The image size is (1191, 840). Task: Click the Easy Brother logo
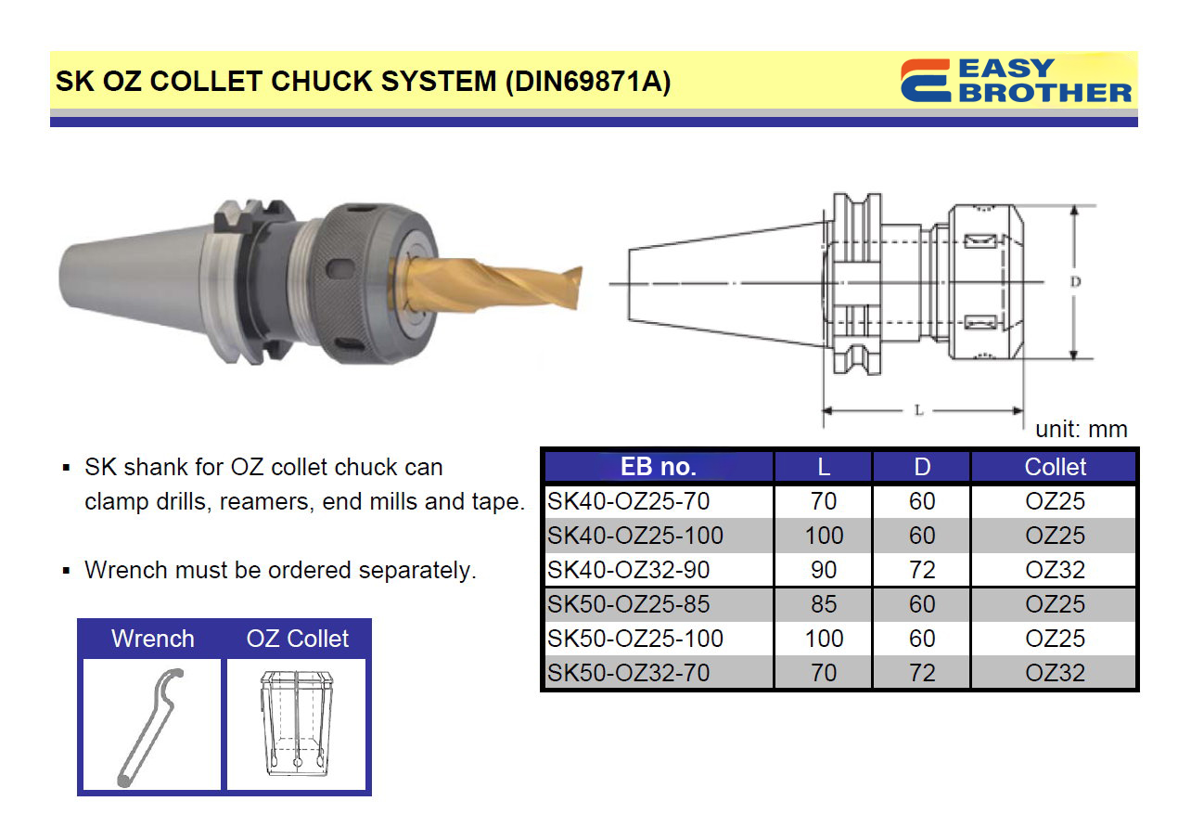1016,81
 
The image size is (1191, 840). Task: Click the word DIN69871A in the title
587,82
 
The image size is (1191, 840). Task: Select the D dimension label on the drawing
1075,281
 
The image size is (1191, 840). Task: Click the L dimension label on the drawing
919,410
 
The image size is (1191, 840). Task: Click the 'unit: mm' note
1081,429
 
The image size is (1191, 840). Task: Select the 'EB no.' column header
659,467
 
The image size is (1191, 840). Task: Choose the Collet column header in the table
1055,467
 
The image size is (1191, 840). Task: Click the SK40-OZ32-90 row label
628,570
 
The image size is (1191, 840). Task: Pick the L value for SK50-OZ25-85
824,604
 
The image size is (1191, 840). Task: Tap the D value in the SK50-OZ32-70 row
922,672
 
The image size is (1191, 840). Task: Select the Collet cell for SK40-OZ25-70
1055,501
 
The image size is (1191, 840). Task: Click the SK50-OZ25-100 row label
634,639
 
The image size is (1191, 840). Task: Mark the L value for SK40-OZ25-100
824,536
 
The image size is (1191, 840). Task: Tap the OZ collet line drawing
297,723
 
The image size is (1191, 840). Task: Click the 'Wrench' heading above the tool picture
153,639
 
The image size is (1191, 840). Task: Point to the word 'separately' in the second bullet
415,570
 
